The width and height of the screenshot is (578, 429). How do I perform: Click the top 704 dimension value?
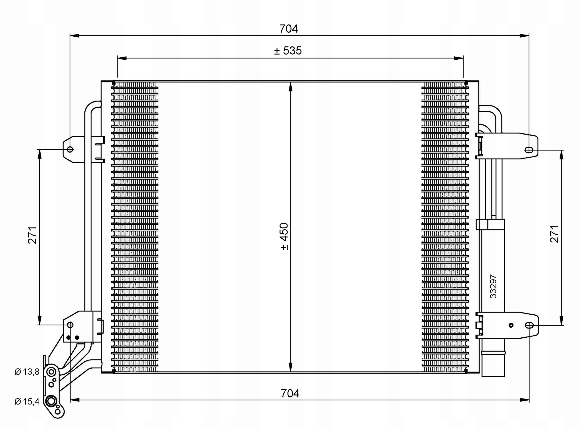pyautogui.click(x=288, y=29)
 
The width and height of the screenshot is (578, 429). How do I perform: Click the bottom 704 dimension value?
pyautogui.click(x=290, y=393)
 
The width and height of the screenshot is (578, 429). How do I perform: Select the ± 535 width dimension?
pyautogui.click(x=288, y=51)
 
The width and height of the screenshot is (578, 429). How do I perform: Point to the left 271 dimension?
pyautogui.click(x=32, y=235)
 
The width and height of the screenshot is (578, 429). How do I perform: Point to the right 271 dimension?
pyautogui.click(x=554, y=234)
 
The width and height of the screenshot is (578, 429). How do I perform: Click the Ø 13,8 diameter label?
pyautogui.click(x=27, y=372)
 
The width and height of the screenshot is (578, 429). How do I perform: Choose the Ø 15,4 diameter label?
pyautogui.click(x=27, y=402)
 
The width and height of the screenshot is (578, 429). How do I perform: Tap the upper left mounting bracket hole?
pyautogui.click(x=70, y=149)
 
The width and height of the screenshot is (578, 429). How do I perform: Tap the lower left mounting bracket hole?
pyautogui.click(x=70, y=325)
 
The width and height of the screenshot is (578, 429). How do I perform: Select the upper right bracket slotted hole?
pyautogui.click(x=529, y=150)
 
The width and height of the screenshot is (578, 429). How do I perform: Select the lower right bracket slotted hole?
pyautogui.click(x=529, y=325)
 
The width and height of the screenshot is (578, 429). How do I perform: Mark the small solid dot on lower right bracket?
pyautogui.click(x=511, y=325)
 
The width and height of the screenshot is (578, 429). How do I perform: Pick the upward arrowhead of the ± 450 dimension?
pyautogui.click(x=290, y=86)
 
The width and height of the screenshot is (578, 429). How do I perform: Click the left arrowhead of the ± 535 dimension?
pyautogui.click(x=122, y=58)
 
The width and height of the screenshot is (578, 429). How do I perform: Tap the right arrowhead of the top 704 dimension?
pyautogui.click(x=524, y=36)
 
